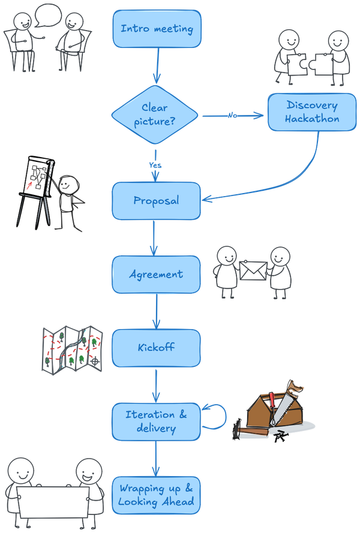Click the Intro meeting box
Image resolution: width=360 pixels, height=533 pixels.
coord(157,29)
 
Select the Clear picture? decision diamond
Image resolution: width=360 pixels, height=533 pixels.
coord(155,115)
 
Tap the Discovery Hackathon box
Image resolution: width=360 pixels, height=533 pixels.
coord(311,112)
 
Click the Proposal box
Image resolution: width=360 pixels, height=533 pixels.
coord(156,201)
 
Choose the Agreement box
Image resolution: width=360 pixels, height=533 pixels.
coord(156,275)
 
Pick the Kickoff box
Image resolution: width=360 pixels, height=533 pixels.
coord(156,348)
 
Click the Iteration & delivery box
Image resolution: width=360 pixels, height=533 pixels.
coord(156,421)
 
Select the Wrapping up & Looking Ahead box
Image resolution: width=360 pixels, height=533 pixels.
coord(156,495)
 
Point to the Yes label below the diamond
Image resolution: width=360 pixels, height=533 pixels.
coord(155,164)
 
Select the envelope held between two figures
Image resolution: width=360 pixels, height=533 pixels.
coord(253,271)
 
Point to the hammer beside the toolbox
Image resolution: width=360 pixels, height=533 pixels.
coord(252,430)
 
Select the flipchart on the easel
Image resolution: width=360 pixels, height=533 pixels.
coord(38,178)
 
